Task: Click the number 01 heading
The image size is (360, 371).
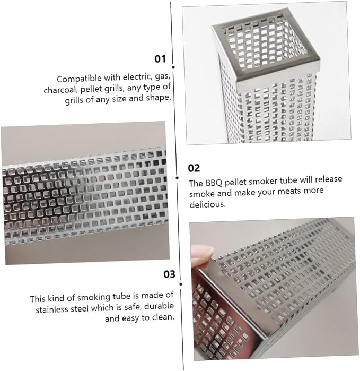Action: click(x=160, y=59)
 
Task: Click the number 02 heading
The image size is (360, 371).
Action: click(x=194, y=168)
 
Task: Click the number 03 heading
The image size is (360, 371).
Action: click(x=169, y=274)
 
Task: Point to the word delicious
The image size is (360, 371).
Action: click(x=207, y=204)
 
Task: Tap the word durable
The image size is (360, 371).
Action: click(x=159, y=306)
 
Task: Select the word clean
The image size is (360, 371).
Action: click(x=163, y=317)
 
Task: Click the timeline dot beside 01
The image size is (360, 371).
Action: click(x=173, y=67)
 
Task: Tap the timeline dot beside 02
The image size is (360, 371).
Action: click(x=177, y=178)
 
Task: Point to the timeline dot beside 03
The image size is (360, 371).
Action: click(x=181, y=284)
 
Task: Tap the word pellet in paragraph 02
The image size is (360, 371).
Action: click(x=236, y=182)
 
